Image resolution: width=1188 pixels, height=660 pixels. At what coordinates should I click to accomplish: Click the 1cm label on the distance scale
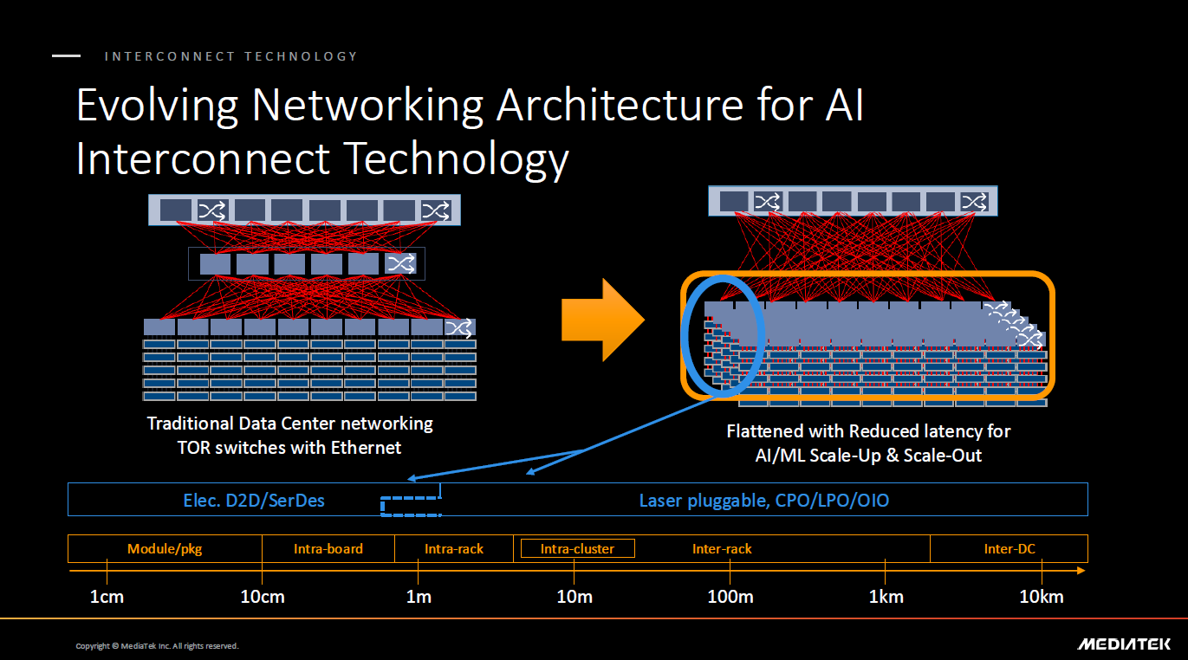[107, 597]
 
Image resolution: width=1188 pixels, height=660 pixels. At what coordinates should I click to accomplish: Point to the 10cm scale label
[263, 597]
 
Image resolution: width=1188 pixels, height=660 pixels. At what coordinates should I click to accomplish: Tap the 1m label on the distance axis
[419, 597]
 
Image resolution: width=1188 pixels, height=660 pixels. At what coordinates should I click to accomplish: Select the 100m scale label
[730, 597]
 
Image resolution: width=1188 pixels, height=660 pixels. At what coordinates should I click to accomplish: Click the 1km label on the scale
[886, 597]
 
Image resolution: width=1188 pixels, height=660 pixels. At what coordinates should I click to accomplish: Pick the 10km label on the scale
[1041, 597]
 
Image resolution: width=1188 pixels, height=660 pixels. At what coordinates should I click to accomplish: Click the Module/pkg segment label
[165, 549]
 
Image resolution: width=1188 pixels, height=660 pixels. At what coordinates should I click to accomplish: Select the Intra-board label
[328, 548]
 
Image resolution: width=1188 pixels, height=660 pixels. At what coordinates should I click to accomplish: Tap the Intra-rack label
[453, 548]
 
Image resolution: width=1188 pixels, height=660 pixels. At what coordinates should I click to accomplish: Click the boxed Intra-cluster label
[577, 548]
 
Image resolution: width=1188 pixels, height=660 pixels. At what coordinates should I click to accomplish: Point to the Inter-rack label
[722, 548]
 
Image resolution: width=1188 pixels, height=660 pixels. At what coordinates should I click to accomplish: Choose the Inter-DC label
[1009, 548]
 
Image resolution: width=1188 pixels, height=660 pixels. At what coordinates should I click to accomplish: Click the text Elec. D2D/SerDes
[254, 501]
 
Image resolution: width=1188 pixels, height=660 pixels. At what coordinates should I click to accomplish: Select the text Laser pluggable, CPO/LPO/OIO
[763, 501]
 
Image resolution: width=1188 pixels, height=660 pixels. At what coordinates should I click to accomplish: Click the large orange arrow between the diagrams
[603, 320]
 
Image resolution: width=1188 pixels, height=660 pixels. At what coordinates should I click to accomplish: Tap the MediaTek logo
[1124, 644]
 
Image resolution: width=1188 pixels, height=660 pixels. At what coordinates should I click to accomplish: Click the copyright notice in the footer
[157, 645]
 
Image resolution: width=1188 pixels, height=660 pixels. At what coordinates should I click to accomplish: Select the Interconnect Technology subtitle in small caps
[230, 56]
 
